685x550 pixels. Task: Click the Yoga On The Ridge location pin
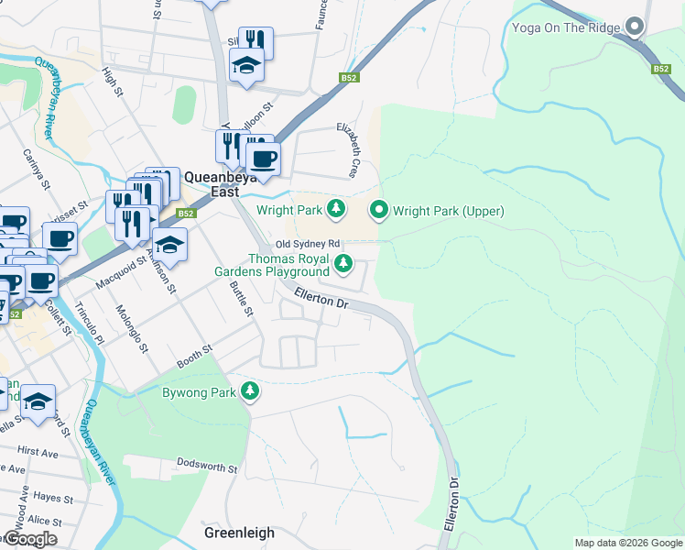634,27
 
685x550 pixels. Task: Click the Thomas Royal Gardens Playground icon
343,264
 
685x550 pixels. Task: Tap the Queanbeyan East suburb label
212,185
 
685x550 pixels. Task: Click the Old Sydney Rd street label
308,244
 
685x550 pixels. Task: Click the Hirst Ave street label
38,452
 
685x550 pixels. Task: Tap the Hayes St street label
52,497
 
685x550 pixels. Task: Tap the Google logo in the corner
29,539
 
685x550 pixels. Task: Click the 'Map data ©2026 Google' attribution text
627,543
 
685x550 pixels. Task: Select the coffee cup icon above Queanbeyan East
264,159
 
